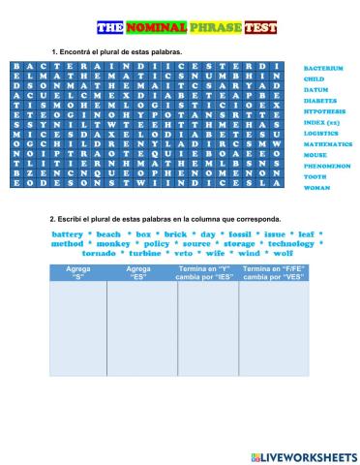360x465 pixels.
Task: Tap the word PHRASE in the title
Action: point(214,28)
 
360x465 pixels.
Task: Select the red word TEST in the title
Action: point(259,28)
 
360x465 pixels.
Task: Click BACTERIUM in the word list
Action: point(323,69)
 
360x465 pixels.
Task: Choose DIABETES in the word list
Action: point(320,101)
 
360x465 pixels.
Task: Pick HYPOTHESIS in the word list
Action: point(324,111)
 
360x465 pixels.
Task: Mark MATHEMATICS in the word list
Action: point(327,143)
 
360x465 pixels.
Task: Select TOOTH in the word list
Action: point(315,176)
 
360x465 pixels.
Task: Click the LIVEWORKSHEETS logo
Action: point(303,455)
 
